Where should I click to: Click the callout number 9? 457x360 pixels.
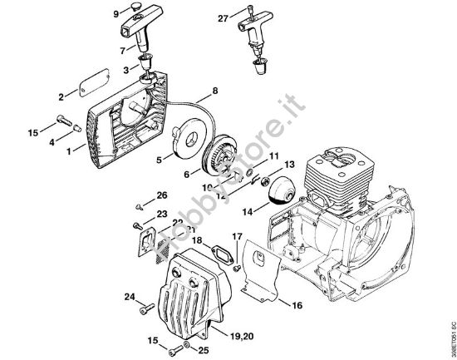(115, 14)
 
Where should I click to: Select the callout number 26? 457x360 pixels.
(162, 195)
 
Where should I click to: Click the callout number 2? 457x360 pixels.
(61, 97)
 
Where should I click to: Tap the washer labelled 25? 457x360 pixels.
(186, 343)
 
